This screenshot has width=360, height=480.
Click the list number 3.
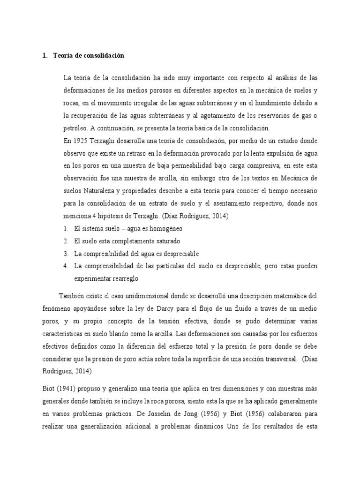pyautogui.click(x=66, y=254)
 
